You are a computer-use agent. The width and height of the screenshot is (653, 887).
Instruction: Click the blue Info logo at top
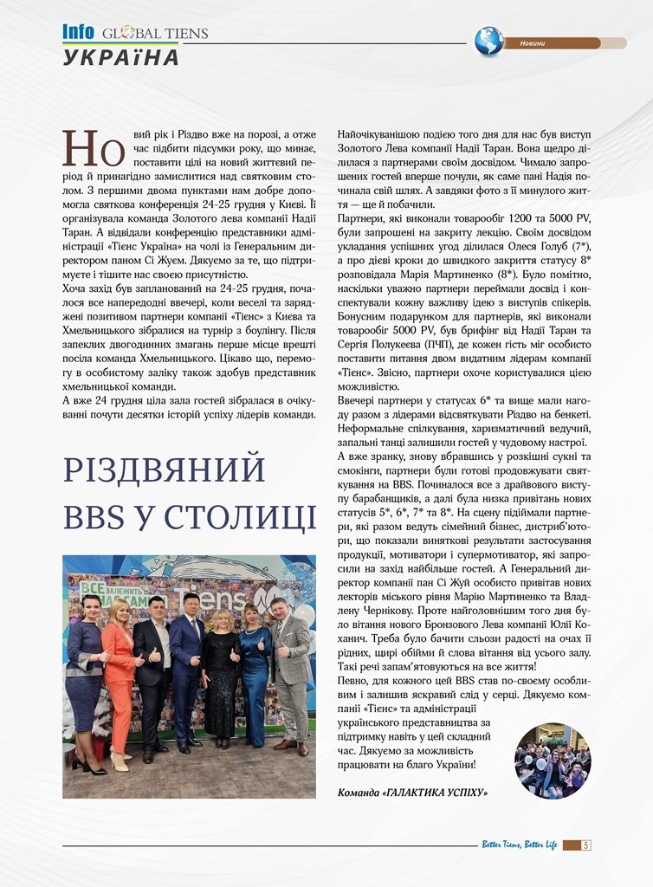[x=78, y=32]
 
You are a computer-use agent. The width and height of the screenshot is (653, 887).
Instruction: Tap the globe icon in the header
[x=488, y=41]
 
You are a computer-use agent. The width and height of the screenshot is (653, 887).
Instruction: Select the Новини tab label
[x=533, y=43]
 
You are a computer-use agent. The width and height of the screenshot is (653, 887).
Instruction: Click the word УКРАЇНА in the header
[x=121, y=57]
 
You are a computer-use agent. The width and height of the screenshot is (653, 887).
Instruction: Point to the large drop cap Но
[x=94, y=148]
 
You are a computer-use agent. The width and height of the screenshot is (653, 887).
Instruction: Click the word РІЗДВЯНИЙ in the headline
[x=164, y=469]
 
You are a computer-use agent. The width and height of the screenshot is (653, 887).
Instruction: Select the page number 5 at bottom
[x=586, y=845]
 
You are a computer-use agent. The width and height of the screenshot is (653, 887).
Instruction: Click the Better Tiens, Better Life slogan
[x=519, y=845]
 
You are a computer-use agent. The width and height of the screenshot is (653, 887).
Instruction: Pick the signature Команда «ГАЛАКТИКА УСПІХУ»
[x=412, y=792]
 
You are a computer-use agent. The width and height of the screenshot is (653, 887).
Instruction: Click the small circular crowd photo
[x=552, y=761]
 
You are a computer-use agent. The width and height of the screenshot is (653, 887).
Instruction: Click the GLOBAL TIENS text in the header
[x=155, y=34]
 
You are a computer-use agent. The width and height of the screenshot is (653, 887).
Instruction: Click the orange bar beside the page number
[x=571, y=845]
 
